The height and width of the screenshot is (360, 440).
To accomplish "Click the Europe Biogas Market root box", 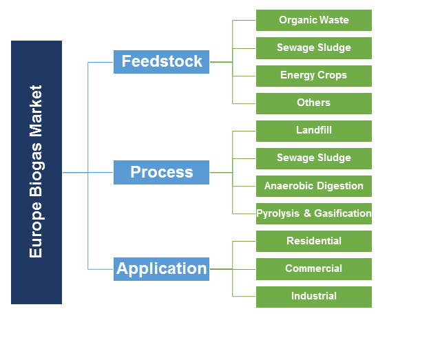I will point(36,172).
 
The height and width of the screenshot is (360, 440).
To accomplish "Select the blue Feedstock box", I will point(162,61).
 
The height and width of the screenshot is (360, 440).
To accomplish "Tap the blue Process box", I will point(162,172).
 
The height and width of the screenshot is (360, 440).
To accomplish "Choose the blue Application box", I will point(162,268).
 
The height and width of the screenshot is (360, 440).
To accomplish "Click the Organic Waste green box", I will point(314,20).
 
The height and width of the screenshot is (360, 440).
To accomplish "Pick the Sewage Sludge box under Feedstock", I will point(314,47).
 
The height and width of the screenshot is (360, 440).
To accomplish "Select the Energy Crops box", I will point(314,75).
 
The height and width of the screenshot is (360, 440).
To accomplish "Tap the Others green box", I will point(314,103).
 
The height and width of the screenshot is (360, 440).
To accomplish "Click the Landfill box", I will point(314,130).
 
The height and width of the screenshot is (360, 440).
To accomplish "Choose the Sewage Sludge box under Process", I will point(314,158).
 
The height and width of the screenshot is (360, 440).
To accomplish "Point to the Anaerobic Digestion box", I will point(314,186).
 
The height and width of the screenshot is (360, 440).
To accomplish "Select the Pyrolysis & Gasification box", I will point(314,213).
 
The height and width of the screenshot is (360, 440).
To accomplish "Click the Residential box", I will point(314,241).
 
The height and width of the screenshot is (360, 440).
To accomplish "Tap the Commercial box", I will point(314,268).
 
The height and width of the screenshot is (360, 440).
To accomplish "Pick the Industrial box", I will point(314,296).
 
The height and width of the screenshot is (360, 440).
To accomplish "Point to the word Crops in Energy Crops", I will point(333,75).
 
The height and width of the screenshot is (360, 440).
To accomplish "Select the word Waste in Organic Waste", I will point(333,20).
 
